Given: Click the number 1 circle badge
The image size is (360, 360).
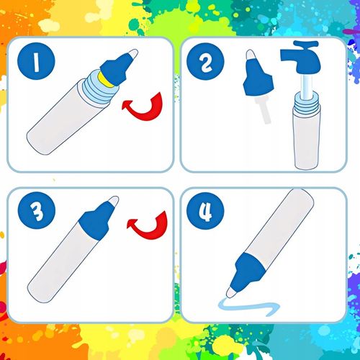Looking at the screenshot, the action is tap(36, 61).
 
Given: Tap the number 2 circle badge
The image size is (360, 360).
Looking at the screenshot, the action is tap(205, 61).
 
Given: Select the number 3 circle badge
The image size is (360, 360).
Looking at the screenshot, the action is tap(37, 210).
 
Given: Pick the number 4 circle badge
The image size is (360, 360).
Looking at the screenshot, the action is tap(205, 211).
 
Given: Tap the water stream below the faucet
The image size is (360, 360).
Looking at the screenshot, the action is tap(307, 87).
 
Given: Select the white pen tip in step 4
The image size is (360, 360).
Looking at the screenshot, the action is tap(231, 292).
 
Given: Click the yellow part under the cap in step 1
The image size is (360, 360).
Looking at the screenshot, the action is tap(103, 80).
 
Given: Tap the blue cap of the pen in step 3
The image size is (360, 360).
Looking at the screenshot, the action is tap(96, 221).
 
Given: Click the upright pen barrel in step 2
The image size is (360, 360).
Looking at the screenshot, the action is tap(307, 137).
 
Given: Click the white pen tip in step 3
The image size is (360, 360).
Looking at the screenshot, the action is tap(114, 201).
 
